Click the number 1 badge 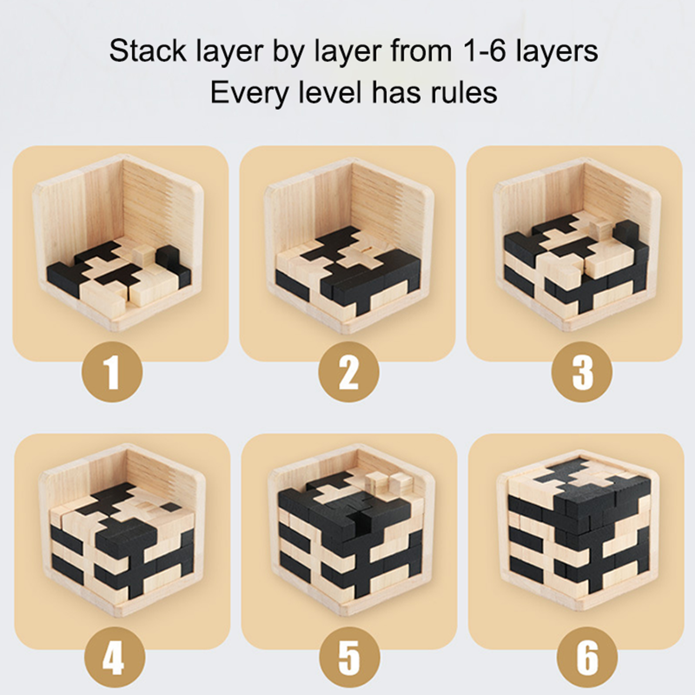point(113,372)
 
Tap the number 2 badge point(349,372)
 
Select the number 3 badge point(582,372)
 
